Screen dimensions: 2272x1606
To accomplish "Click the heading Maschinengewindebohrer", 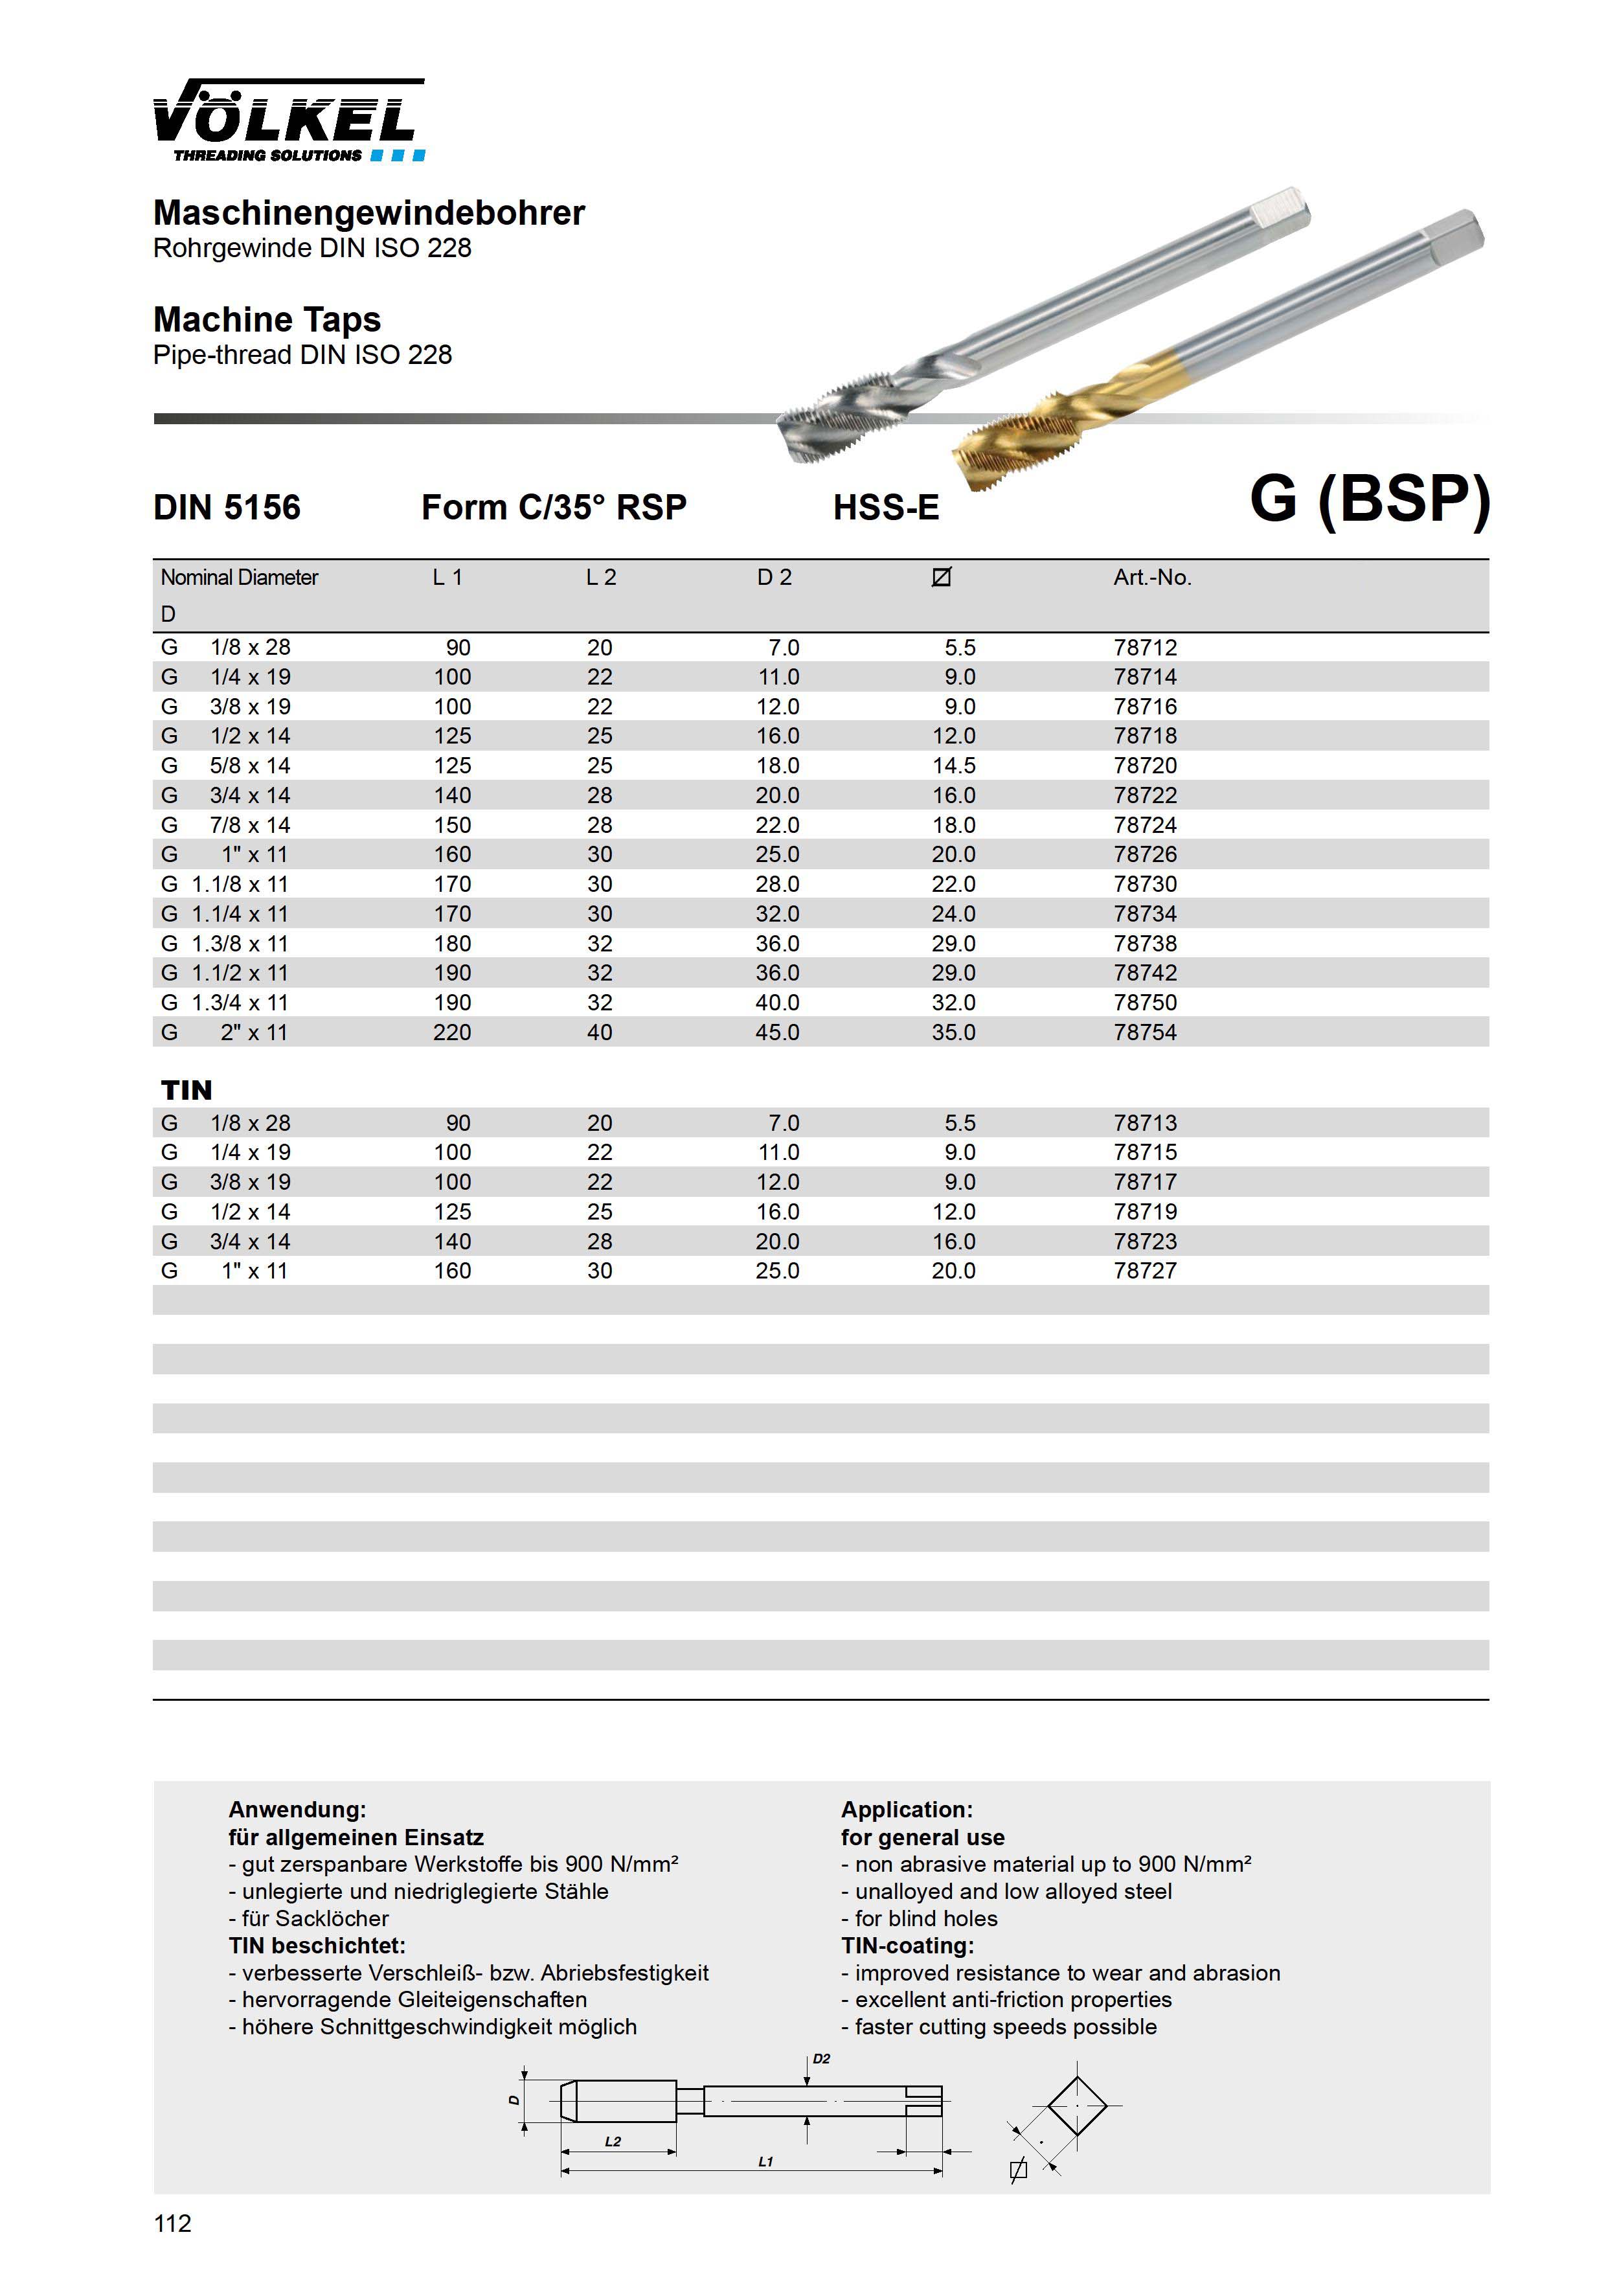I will [369, 212].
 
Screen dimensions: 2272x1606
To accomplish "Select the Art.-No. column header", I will [1152, 578].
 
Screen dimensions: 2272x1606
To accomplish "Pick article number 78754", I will [1145, 1033].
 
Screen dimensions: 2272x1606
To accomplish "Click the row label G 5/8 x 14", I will [225, 766].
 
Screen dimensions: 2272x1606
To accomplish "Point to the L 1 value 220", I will [451, 1033].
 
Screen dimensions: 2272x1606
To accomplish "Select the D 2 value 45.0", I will [777, 1033].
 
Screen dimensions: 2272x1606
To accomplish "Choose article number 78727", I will [1145, 1271].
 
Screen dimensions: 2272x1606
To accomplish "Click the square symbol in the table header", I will [941, 577].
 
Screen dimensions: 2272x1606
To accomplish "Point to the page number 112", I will [172, 2223].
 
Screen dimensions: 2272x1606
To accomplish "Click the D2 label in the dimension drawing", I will [821, 2060].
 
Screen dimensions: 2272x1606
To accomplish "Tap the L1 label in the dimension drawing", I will [765, 2162].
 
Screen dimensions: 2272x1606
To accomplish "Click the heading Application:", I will [907, 1810].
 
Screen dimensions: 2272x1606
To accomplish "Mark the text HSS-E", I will [886, 508].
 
